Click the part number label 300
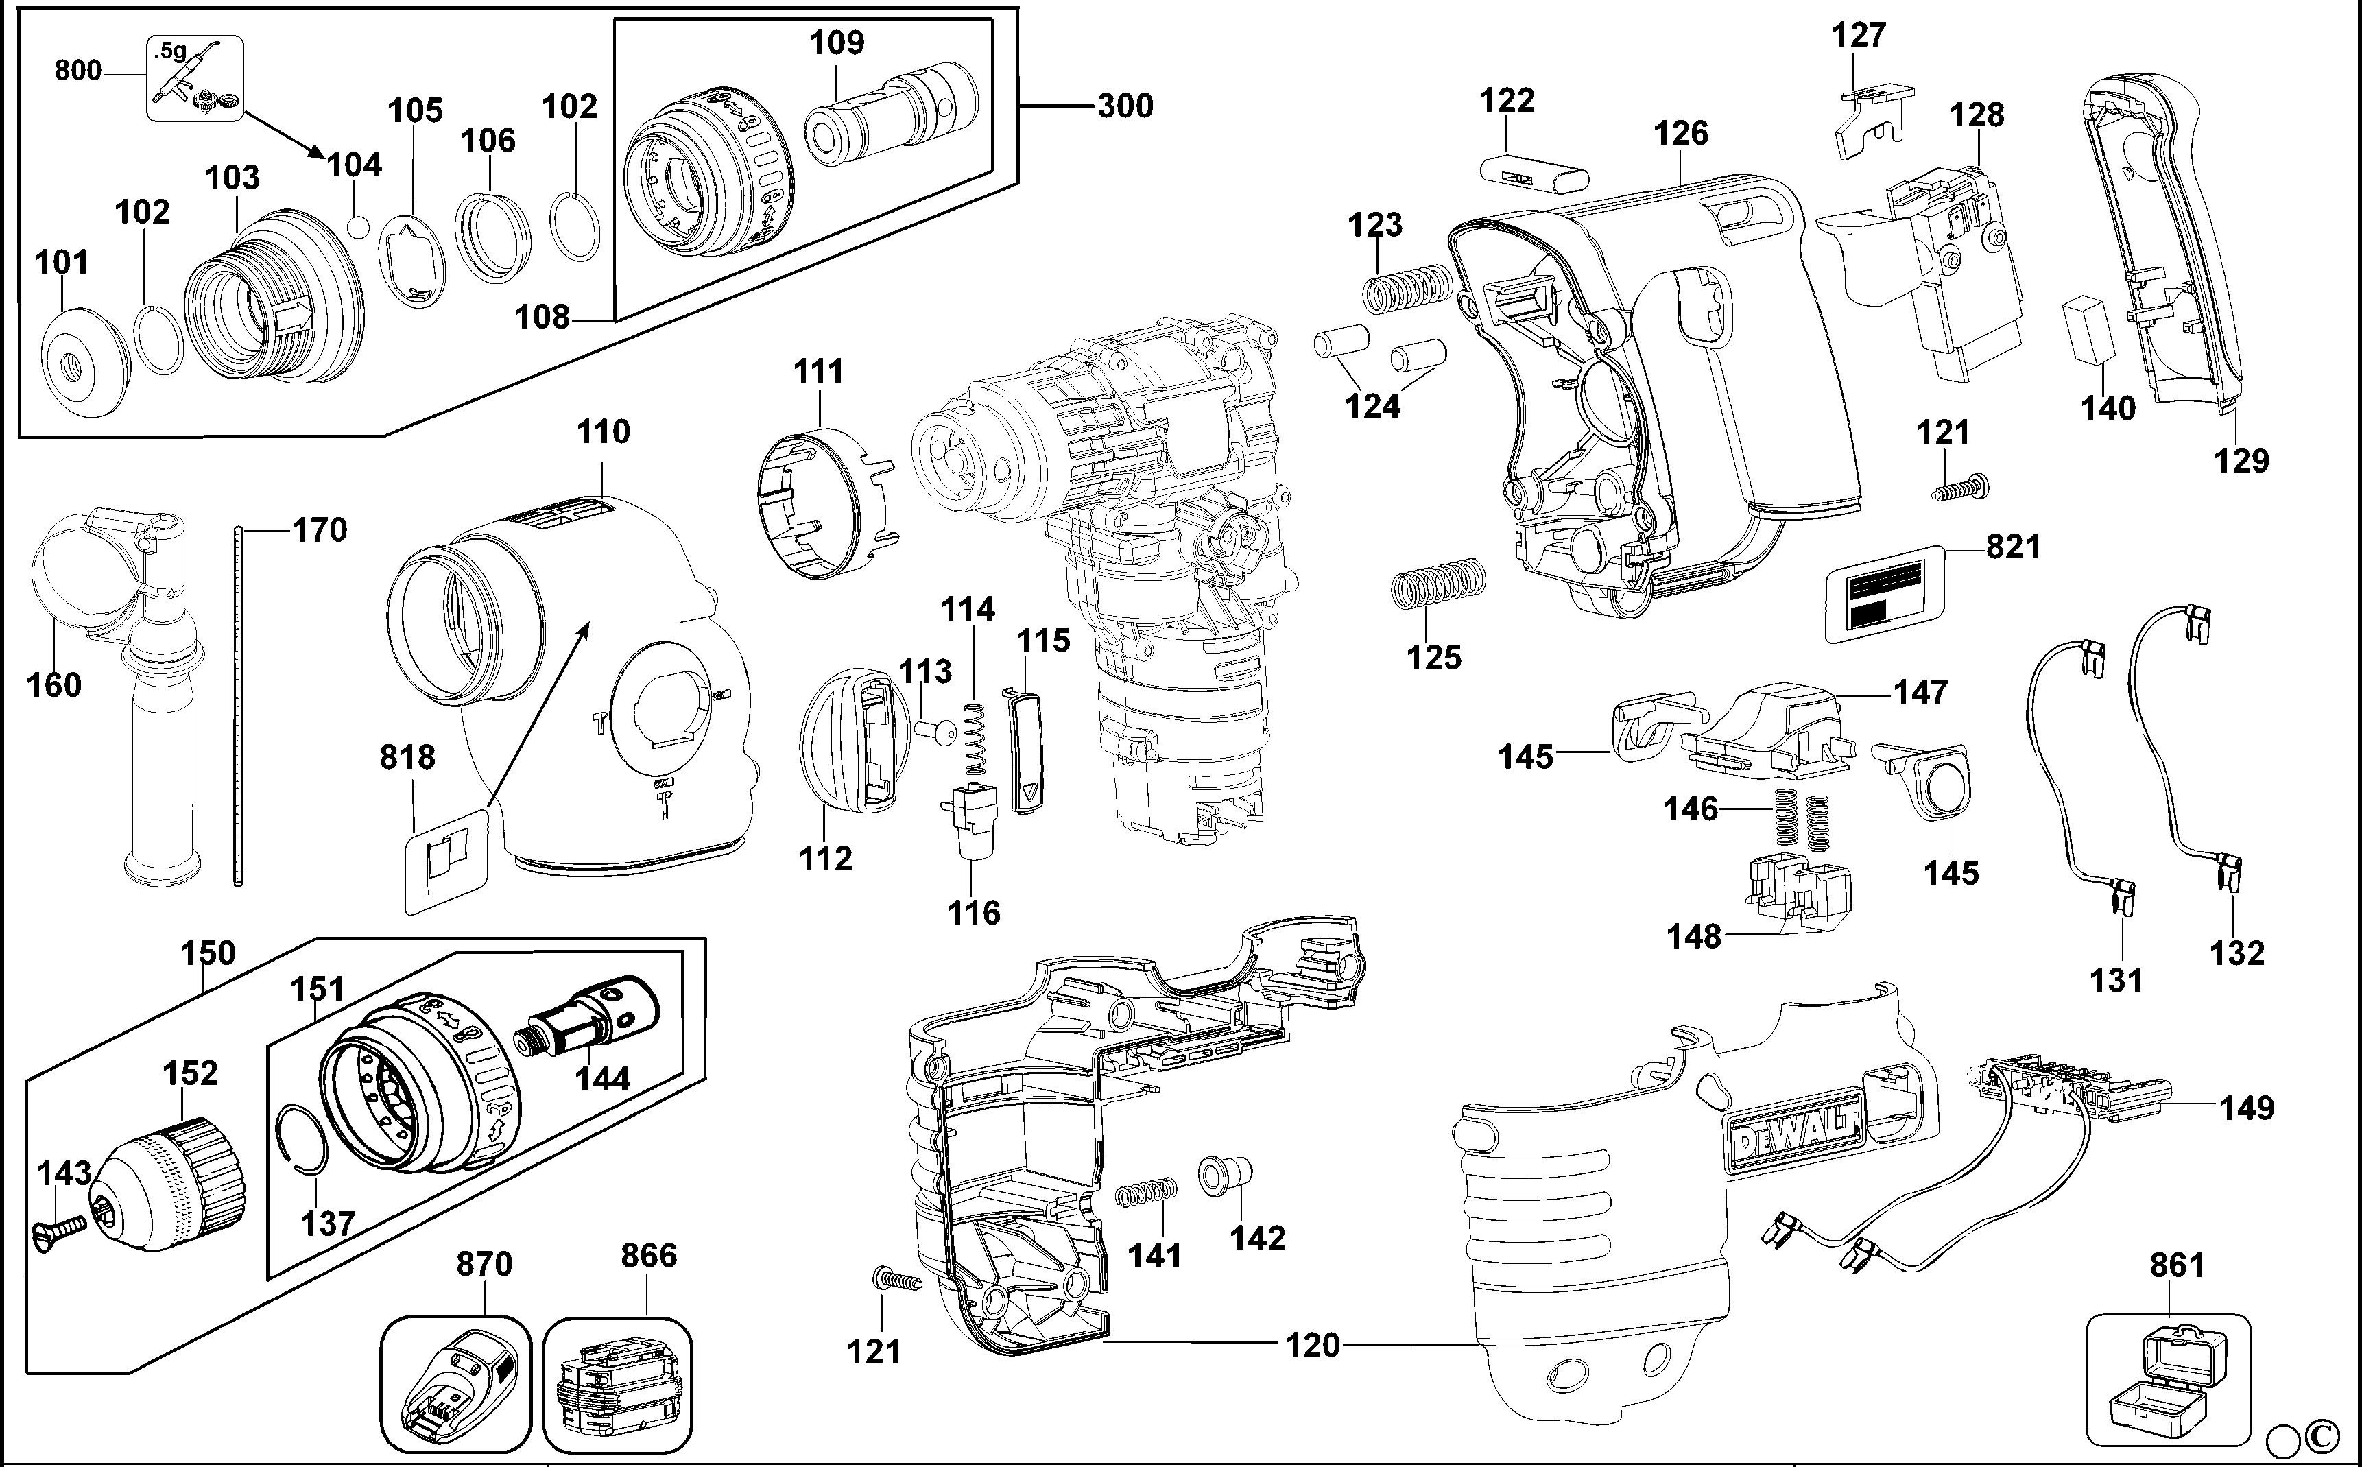(x=1125, y=105)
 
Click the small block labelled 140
(x=2088, y=329)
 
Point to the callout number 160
(x=53, y=685)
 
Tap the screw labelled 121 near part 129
(x=1959, y=488)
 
